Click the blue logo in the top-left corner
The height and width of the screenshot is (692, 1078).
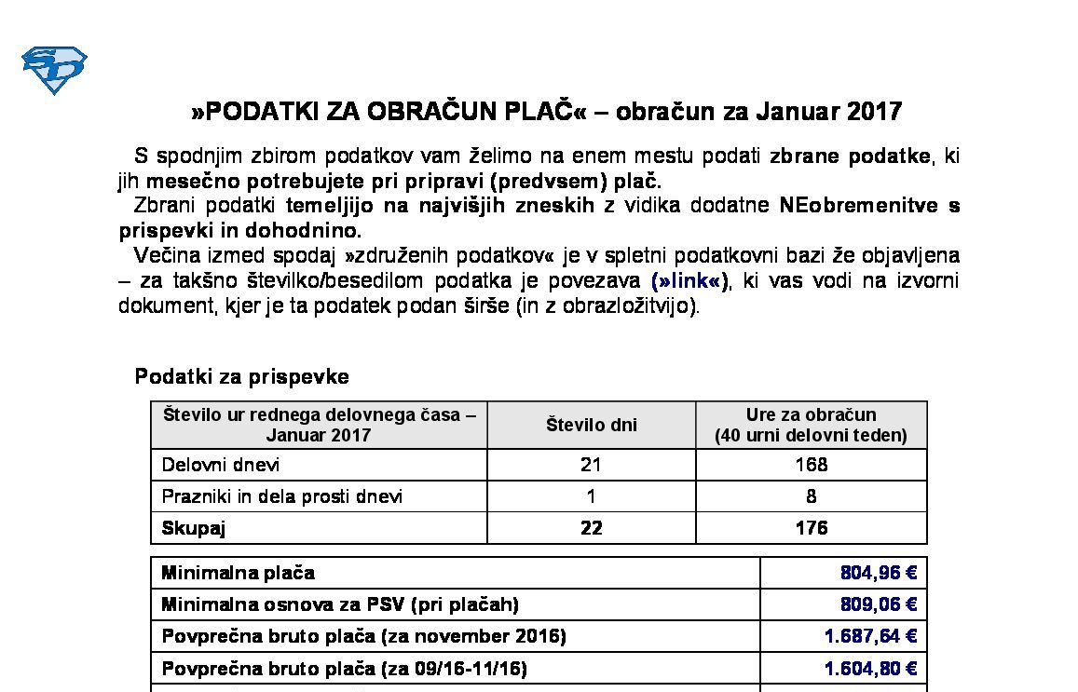(54, 70)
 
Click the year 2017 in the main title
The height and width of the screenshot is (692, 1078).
(875, 112)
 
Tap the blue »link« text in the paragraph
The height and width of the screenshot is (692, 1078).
(689, 280)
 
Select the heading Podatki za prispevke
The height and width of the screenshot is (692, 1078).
(242, 376)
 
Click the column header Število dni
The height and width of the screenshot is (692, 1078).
(592, 425)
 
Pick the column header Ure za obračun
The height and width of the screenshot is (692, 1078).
(811, 414)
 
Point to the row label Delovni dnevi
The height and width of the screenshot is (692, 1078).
(221, 464)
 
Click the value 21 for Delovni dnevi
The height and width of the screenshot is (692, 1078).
(591, 464)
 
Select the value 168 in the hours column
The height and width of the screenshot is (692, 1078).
(812, 464)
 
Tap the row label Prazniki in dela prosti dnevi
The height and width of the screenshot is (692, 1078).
(282, 495)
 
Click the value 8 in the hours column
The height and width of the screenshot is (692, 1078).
(812, 495)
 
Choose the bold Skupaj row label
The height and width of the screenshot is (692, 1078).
(194, 527)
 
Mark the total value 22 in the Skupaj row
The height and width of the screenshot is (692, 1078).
(591, 527)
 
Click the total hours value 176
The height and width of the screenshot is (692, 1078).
(812, 527)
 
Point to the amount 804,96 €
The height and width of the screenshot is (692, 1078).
(878, 572)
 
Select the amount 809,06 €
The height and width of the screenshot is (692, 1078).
(878, 604)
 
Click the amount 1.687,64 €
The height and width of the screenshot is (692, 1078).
(870, 635)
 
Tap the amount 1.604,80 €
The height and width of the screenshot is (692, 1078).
(870, 668)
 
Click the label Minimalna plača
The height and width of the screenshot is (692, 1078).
(238, 572)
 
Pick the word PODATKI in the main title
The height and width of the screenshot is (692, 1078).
(262, 112)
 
